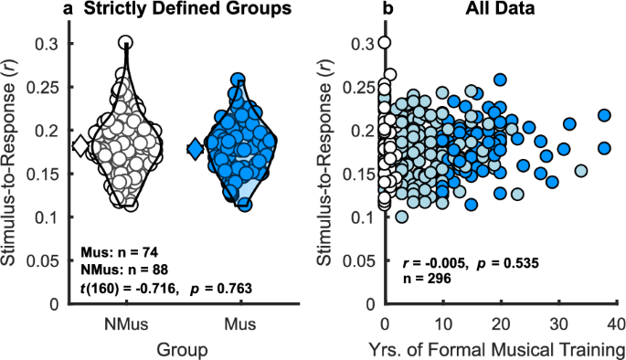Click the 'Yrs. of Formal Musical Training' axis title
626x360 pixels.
click(x=499, y=348)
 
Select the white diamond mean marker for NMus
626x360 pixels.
click(x=80, y=146)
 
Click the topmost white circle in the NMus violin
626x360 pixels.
click(x=126, y=42)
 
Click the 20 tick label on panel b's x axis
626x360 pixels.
click(x=500, y=323)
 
